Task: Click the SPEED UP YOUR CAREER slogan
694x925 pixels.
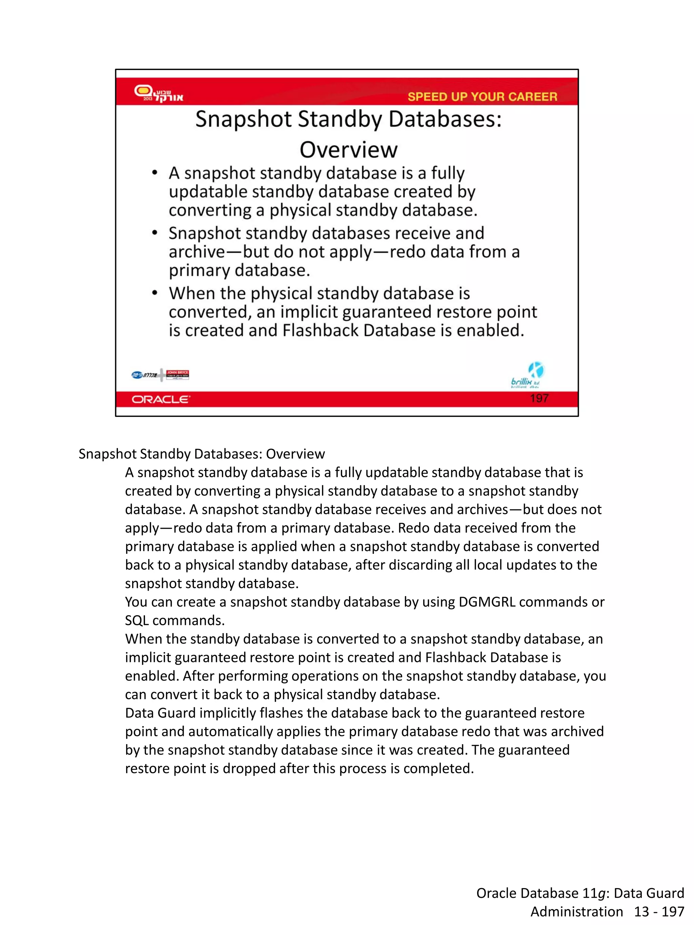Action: [x=482, y=97]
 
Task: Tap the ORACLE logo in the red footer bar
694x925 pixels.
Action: [x=161, y=399]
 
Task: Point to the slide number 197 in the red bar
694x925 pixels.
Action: [x=539, y=398]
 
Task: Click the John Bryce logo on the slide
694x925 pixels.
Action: [x=177, y=374]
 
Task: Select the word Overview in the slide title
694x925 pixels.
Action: [x=348, y=150]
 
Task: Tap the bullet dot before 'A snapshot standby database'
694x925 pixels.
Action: [x=155, y=173]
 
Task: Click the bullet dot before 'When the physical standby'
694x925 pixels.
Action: [x=155, y=293]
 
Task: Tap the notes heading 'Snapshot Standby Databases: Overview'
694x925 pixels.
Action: [x=202, y=454]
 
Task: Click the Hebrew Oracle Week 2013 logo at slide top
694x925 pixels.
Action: [x=158, y=93]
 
